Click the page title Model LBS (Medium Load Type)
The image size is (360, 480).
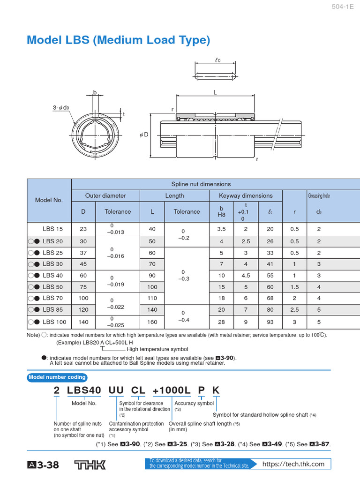[x=118, y=40]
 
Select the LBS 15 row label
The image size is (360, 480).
[x=52, y=229]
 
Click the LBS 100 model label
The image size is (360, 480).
[x=54, y=322]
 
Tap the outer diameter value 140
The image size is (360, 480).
[x=83, y=322]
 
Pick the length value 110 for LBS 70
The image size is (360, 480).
[x=152, y=298]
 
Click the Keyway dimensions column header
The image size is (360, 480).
[x=246, y=195]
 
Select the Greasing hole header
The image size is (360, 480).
[x=319, y=195]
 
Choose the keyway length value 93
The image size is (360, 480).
[x=270, y=322]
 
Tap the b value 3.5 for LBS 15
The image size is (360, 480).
[x=222, y=229]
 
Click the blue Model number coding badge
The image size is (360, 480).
[x=57, y=377]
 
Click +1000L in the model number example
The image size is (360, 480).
[x=172, y=390]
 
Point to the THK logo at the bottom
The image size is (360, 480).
[x=90, y=465]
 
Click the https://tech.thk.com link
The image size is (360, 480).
[x=293, y=464]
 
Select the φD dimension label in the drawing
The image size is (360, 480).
[x=143, y=135]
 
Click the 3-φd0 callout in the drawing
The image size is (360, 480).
[x=61, y=108]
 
